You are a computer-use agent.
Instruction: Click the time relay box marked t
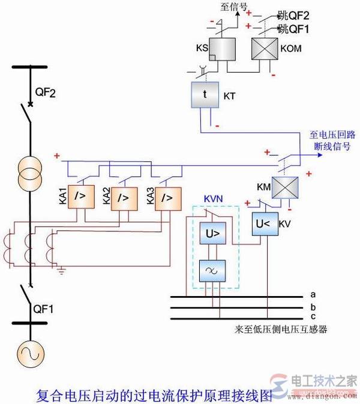tap(205, 95)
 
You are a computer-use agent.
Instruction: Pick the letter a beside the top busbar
tap(313, 294)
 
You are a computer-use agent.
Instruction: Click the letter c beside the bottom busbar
tap(313, 317)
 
